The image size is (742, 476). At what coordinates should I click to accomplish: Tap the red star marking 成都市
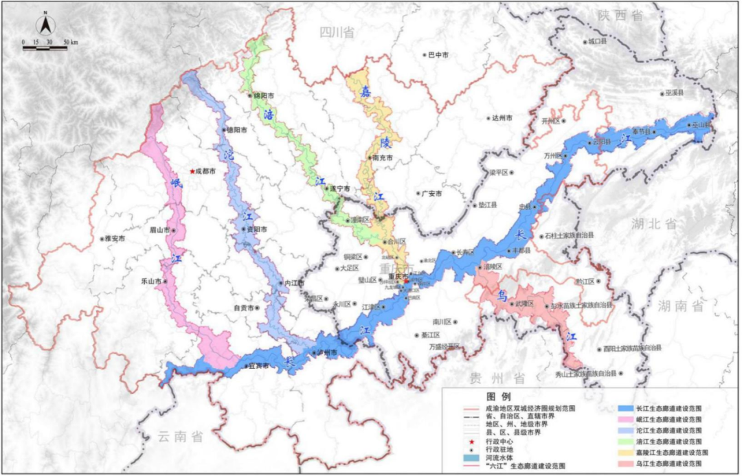click(x=192, y=172)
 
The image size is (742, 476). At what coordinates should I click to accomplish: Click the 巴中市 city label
click(x=438, y=54)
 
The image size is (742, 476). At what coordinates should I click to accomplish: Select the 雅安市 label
click(x=113, y=239)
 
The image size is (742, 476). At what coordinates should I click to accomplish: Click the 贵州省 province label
click(x=498, y=378)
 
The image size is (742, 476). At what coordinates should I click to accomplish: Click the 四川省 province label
click(x=337, y=32)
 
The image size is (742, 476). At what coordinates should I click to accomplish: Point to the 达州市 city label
click(x=503, y=118)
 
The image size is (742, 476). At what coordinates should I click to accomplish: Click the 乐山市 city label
click(x=150, y=282)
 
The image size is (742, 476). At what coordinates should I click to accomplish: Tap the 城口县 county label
click(x=598, y=41)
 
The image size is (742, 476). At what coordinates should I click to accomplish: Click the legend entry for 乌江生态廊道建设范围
click(x=671, y=464)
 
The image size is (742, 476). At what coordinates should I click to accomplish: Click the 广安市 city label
click(x=431, y=194)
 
